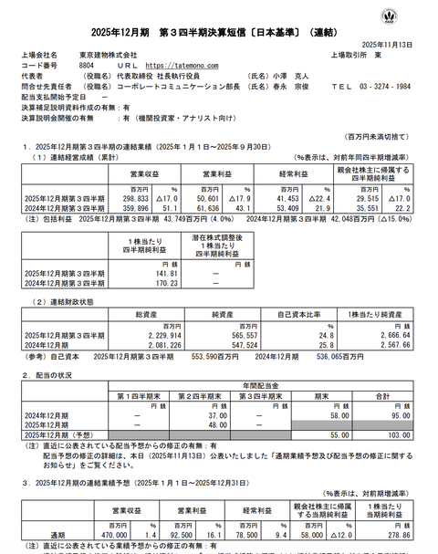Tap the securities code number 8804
[88, 66]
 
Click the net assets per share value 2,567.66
[391, 346]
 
